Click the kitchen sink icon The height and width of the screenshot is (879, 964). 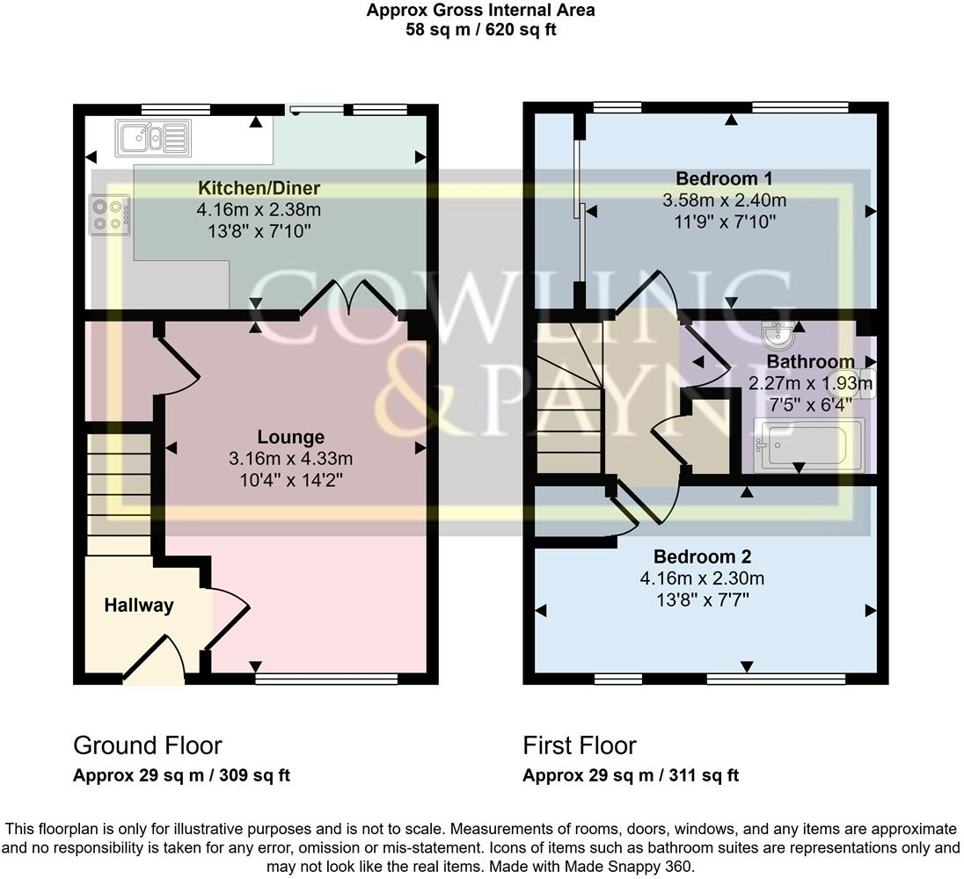(x=150, y=138)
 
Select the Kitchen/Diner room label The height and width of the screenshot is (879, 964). (x=259, y=188)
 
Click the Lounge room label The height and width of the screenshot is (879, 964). (x=290, y=437)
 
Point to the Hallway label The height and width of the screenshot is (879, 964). (x=139, y=606)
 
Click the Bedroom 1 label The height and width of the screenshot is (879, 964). (x=724, y=179)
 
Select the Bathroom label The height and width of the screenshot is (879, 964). (x=810, y=361)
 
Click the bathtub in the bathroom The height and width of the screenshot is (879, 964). (x=808, y=445)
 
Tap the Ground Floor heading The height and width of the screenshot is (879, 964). (x=147, y=745)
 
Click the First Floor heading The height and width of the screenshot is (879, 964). (x=579, y=745)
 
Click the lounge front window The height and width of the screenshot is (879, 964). (x=326, y=678)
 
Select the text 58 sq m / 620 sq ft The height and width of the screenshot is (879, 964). (x=480, y=29)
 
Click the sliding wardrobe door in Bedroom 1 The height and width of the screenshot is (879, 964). (x=578, y=211)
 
